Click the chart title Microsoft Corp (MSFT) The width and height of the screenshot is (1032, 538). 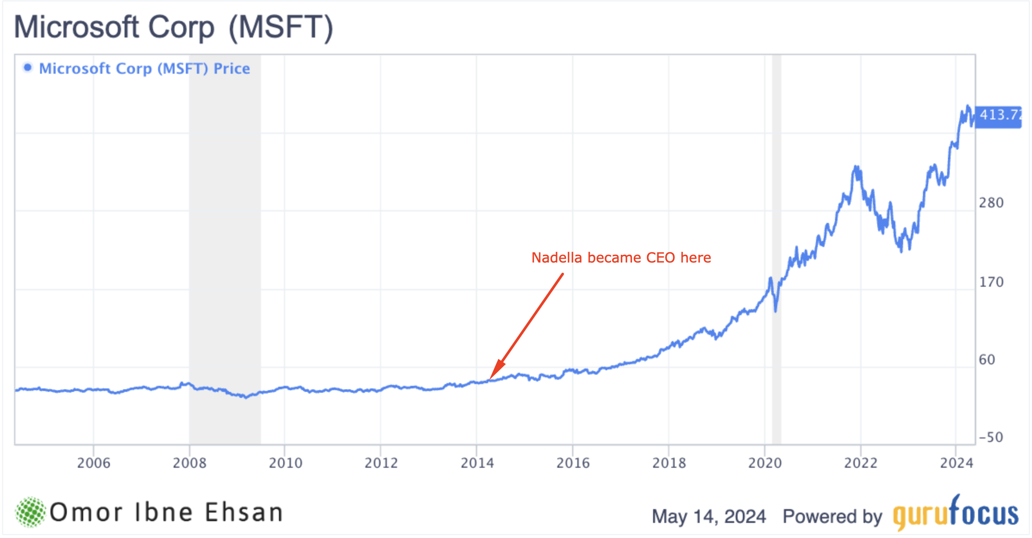(174, 28)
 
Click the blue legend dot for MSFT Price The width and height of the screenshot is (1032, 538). (28, 68)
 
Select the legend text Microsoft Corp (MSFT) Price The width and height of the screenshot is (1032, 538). (144, 69)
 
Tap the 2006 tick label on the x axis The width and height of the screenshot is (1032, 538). (94, 463)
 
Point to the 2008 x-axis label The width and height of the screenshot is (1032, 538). (190, 463)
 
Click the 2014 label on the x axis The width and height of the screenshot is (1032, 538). (477, 463)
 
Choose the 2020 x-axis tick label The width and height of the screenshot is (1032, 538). (765, 463)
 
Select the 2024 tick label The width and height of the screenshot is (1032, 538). (957, 463)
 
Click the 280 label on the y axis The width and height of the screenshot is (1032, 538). (991, 203)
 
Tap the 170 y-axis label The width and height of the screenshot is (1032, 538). (991, 282)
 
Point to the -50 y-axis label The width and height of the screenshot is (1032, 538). (991, 437)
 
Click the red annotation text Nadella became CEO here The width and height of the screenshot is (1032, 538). (621, 258)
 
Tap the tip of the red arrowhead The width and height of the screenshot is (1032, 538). (491, 379)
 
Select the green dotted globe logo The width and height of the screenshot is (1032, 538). (30, 512)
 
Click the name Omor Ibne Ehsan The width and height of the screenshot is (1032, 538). (166, 513)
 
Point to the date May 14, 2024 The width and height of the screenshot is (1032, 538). (709, 516)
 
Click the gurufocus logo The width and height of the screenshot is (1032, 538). (955, 513)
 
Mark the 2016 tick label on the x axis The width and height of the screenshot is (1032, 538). (573, 463)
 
